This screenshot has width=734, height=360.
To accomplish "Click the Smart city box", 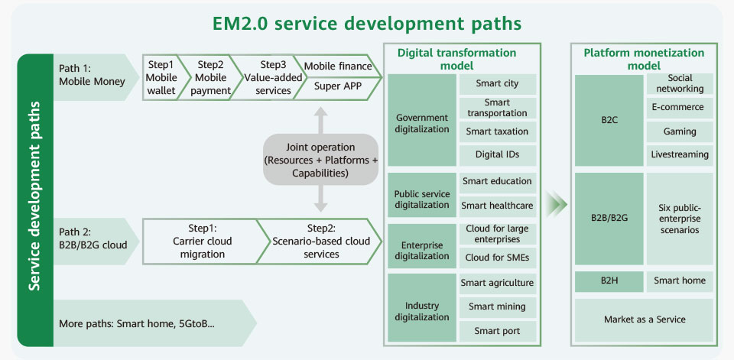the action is coord(497,84).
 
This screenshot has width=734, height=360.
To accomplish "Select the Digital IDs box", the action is coord(497,154).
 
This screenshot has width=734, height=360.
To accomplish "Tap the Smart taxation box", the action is coord(497,131).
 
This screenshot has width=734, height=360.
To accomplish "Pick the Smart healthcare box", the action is coord(497,206).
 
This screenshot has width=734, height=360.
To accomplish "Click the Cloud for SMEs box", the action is coord(497,258).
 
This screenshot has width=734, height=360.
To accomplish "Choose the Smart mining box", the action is coord(497,307).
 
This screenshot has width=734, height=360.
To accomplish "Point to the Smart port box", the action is coord(497,331).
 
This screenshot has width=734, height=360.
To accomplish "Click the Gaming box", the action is coord(680,131).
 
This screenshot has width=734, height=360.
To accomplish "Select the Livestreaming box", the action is coord(680,154).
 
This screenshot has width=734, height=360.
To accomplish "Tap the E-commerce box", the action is coord(680,108).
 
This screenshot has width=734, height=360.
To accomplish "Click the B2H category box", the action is coord(609,281).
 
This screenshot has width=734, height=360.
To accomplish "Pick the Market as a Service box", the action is coord(644,319).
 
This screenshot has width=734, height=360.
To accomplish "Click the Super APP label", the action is coord(338,86).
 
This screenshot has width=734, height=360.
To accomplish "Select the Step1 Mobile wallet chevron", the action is coord(161,78).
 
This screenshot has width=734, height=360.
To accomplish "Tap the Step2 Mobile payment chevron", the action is coord(209,78).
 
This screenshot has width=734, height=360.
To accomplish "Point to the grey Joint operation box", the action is coord(320,160).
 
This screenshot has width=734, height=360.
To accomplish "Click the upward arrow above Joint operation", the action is coord(320,119).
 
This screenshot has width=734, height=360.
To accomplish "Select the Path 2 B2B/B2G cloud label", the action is coord(93,238).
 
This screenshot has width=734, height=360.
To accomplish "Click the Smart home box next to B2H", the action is coord(680,281).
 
